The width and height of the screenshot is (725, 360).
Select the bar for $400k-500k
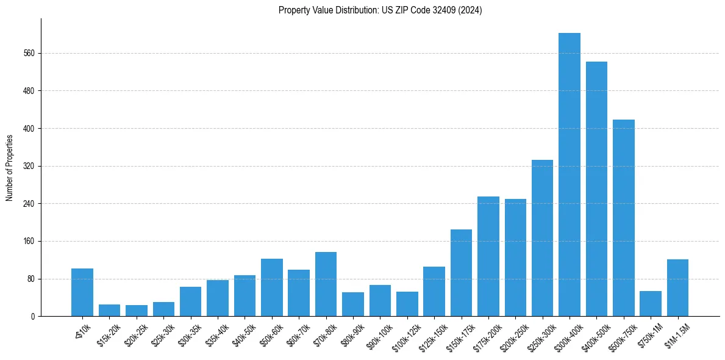pos(596,189)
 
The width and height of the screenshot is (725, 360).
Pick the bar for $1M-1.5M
pos(677,288)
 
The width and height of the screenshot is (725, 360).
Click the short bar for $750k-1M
pos(651,304)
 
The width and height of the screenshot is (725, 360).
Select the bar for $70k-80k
pos(326,284)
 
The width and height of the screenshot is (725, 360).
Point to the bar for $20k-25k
pos(137,311)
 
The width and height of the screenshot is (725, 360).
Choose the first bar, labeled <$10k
pos(82,292)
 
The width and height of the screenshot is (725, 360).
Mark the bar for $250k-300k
pos(542,238)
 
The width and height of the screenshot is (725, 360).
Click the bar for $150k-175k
pos(461,273)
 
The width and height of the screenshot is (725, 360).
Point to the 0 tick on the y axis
pos(34,317)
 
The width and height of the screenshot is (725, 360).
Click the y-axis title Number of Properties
pos(10,168)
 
